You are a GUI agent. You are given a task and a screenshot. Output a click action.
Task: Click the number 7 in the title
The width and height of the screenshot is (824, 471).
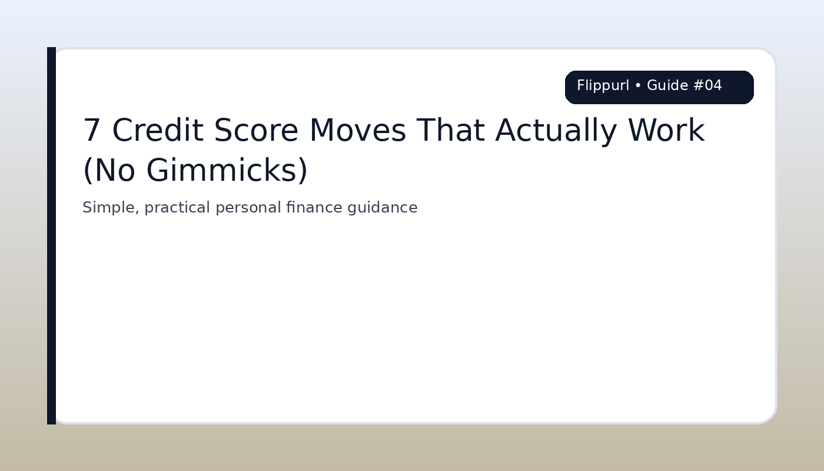[x=92, y=131]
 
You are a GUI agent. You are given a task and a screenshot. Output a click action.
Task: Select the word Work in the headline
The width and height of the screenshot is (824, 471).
[x=666, y=131]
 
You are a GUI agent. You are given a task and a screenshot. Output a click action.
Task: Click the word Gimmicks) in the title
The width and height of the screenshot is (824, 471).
[x=227, y=171]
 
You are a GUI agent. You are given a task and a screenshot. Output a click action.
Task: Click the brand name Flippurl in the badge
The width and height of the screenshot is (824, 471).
[x=603, y=86]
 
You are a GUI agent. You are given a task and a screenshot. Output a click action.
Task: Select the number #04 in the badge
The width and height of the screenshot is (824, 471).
[x=707, y=86]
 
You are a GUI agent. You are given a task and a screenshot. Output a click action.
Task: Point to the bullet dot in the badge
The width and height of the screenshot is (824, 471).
[x=638, y=86]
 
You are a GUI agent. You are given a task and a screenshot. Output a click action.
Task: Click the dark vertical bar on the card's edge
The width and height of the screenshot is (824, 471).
[x=51, y=235]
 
